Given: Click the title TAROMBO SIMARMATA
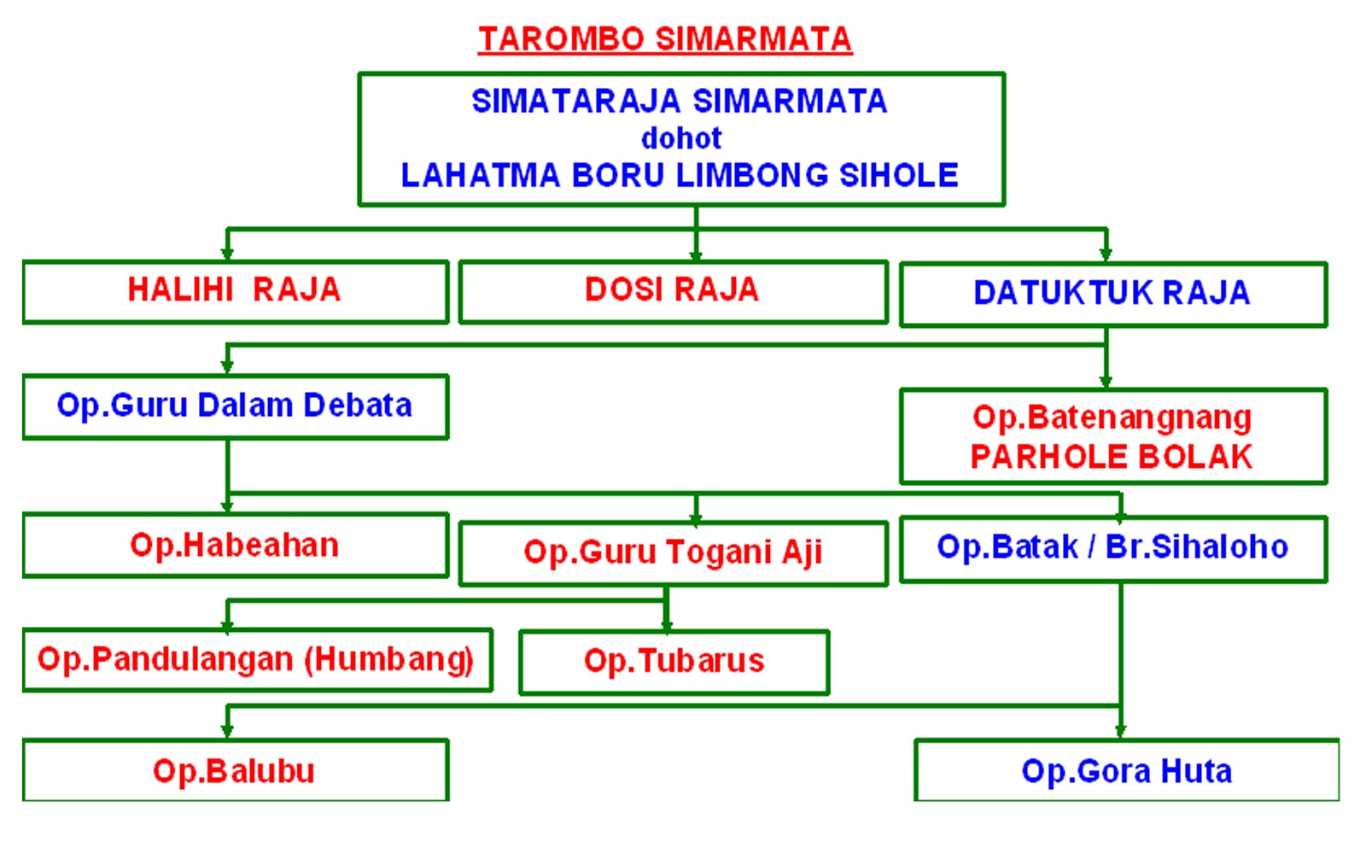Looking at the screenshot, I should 664,39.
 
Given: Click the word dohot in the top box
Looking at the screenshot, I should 681,138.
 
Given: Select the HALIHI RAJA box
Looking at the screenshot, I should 235,290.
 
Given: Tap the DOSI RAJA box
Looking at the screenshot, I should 672,290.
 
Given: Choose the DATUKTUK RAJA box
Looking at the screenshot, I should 1112,293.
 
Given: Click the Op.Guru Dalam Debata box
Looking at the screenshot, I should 235,406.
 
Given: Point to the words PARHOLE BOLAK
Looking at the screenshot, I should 1112,457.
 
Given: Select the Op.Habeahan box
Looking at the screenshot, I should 235,545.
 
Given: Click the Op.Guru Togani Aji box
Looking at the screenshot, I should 673,553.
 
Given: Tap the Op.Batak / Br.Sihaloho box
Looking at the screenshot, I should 1112,547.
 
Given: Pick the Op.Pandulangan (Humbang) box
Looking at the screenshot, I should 256,659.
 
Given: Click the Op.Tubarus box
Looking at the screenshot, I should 674,661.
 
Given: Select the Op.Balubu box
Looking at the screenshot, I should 235,771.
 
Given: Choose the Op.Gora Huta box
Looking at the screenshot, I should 1126,771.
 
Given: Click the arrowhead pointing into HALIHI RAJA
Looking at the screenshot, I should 227,254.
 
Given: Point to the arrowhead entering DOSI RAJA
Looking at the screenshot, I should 696,254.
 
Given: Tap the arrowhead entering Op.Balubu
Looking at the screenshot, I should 227,731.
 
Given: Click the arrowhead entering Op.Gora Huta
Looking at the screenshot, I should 1120,731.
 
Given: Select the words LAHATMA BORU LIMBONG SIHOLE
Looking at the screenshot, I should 680,176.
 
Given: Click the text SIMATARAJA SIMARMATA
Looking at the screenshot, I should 680,102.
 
